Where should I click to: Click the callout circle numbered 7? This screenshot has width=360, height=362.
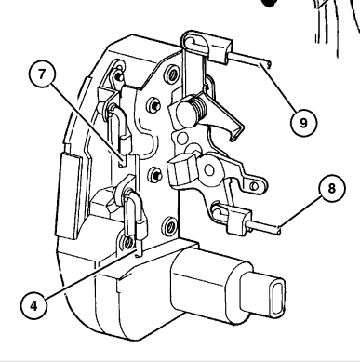tap(42, 74)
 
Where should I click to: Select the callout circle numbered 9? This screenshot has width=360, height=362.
tap(303, 123)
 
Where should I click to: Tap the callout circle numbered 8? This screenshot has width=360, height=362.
tap(332, 188)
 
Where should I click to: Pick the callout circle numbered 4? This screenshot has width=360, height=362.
tap(33, 305)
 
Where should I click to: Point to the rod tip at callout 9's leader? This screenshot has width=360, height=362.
tap(267, 64)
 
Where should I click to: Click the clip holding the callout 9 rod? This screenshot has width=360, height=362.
tap(220, 49)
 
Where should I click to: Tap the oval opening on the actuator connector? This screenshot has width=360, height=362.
tap(277, 298)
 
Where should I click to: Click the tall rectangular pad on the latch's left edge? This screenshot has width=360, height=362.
tap(69, 195)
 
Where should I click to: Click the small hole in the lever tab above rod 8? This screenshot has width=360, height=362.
tap(255, 186)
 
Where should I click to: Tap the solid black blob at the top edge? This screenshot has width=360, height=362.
tap(269, 3)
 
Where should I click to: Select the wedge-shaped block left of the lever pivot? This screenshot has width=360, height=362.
tap(181, 170)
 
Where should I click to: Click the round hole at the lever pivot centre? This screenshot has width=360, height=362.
tap(209, 170)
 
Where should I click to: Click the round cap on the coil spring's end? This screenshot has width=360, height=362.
tap(185, 111)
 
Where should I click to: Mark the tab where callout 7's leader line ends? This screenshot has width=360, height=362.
tap(124, 161)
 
